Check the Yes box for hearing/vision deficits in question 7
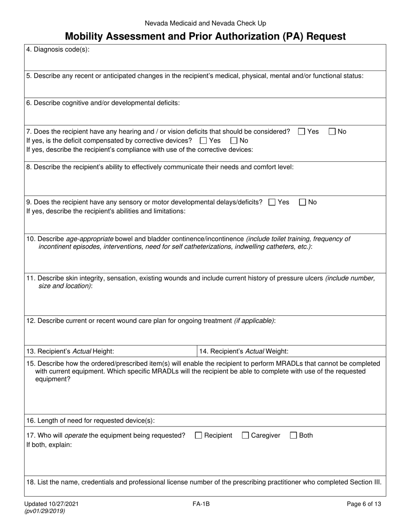pyautogui.click(x=302, y=132)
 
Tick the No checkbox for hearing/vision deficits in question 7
pyautogui.click(x=332, y=132)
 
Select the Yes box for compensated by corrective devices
pyautogui.click(x=203, y=141)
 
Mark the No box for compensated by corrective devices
pyautogui.click(x=234, y=141)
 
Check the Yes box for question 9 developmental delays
pyautogui.click(x=272, y=202)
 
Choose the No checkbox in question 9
pyautogui.click(x=303, y=202)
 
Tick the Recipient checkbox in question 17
pyautogui.click(x=199, y=436)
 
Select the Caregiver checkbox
pyautogui.click(x=245, y=436)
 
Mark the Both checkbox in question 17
pyautogui.click(x=293, y=436)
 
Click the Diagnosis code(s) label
pyautogui.click(x=58, y=49)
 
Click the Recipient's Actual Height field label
pyautogui.click(x=71, y=351)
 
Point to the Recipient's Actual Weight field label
pyautogui.click(x=244, y=351)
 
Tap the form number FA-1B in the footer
pyautogui.click(x=201, y=504)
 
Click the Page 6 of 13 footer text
pyautogui.click(x=364, y=504)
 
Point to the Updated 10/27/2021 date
pyautogui.click(x=52, y=504)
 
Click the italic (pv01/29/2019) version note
pyautogui.click(x=46, y=511)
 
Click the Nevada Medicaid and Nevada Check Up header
pyautogui.click(x=205, y=23)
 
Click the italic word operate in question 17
pyautogui.click(x=77, y=436)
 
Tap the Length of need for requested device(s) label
pyautogui.click(x=90, y=420)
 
